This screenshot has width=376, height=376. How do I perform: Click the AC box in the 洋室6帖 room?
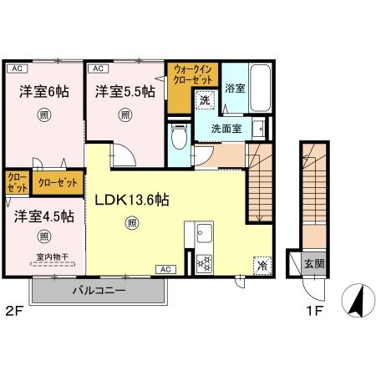pyautogui.click(x=17, y=69)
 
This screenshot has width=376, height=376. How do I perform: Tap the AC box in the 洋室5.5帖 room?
pyautogui.click(x=98, y=69)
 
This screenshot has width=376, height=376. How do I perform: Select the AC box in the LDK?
pyautogui.click(x=165, y=269)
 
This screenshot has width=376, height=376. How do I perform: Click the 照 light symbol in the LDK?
pyautogui.click(x=132, y=223)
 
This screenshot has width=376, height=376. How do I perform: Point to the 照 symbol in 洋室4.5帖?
pyautogui.click(x=44, y=236)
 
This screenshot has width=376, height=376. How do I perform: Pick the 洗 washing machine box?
pyautogui.click(x=206, y=100)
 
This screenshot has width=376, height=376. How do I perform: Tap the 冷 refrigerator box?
pyautogui.click(x=262, y=266)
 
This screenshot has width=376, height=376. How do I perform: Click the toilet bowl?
pyautogui.click(x=179, y=137)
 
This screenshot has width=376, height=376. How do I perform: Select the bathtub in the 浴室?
pyautogui.click(x=261, y=88)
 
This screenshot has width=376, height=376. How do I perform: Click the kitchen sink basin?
pyautogui.click(x=204, y=233)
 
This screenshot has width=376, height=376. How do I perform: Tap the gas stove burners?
pyautogui.click(x=204, y=264)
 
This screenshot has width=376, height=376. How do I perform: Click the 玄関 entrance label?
pyautogui.click(x=314, y=263)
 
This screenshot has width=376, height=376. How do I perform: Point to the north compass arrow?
pyautogui.click(x=357, y=302)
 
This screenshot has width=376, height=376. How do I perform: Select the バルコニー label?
pyautogui.click(x=99, y=291)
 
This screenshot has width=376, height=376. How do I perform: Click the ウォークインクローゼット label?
pyautogui.click(x=192, y=74)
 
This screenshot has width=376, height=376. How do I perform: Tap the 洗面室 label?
pyautogui.click(x=226, y=129)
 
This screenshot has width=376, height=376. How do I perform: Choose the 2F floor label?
pyautogui.click(x=13, y=311)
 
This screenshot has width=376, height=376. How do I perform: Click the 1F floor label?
pyautogui.click(x=315, y=311)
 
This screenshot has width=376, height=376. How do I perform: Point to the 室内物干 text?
pyautogui.click(x=53, y=257)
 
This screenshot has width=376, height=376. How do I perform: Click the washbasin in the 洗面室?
pyautogui.click(x=258, y=129)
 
